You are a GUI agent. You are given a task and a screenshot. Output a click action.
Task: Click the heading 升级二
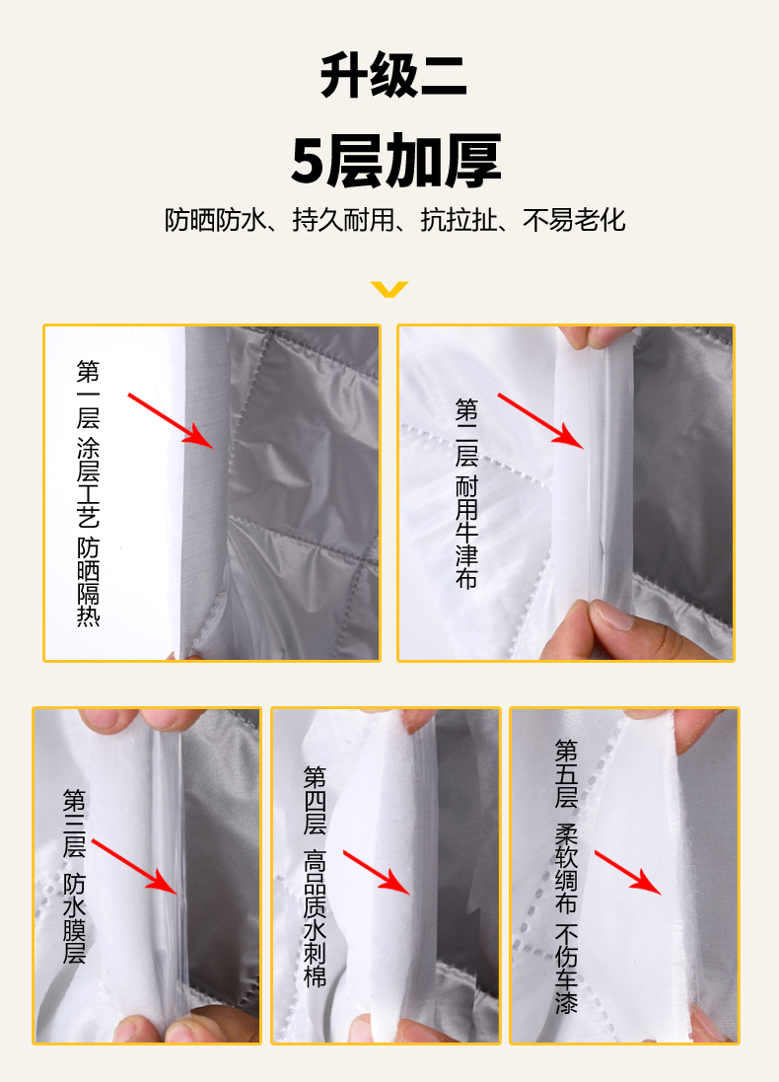pyautogui.click(x=393, y=75)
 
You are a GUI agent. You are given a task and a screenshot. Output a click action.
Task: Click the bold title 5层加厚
pyautogui.click(x=395, y=161)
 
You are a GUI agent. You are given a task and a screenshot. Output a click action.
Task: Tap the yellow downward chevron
pyautogui.click(x=389, y=289)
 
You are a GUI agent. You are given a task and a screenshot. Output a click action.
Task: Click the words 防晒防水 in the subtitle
pyautogui.click(x=215, y=220)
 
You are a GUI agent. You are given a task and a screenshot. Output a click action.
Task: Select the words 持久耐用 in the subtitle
pyautogui.click(x=343, y=220)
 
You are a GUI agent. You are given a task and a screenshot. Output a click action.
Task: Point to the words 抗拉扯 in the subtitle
pyautogui.click(x=459, y=220)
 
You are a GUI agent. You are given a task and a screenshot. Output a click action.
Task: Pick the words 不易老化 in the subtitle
pyautogui.click(x=574, y=220)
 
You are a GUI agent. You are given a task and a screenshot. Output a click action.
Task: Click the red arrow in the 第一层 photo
pyautogui.click(x=171, y=421)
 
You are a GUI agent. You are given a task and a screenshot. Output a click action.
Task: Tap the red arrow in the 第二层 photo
pyautogui.click(x=541, y=421)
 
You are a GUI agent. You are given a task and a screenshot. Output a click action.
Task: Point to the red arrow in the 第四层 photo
pyautogui.click(x=377, y=872)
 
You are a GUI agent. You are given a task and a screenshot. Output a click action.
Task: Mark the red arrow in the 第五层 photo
pyautogui.click(x=628, y=872)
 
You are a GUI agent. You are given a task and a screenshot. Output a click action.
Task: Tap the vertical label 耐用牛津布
pyautogui.click(x=466, y=532)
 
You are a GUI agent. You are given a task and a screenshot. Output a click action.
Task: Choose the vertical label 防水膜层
pyautogui.click(x=75, y=917)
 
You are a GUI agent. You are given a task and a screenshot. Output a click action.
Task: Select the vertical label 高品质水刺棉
pyautogui.click(x=315, y=917)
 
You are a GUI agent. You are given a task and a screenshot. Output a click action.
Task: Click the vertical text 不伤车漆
pyautogui.click(x=566, y=969)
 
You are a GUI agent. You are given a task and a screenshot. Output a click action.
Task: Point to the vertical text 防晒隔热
pyautogui.click(x=89, y=581)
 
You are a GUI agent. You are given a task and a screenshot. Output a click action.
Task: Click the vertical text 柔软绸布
pyautogui.click(x=566, y=868)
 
